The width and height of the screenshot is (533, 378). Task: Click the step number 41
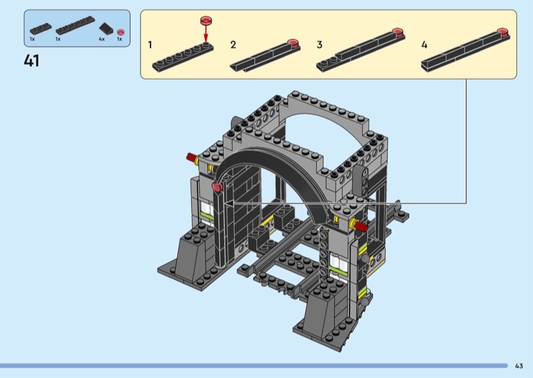[31, 61]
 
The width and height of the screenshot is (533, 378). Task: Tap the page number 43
[519, 366]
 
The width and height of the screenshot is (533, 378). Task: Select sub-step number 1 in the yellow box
[150, 45]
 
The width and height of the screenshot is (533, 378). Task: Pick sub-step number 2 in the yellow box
[233, 45]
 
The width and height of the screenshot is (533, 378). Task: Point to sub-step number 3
[319, 45]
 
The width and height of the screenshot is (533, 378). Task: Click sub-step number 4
[424, 45]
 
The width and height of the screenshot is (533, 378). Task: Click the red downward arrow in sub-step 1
[205, 34]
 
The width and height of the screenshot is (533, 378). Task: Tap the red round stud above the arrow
[205, 21]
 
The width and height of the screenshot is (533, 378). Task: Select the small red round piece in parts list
[121, 32]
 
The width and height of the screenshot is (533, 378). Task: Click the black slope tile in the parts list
[107, 29]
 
